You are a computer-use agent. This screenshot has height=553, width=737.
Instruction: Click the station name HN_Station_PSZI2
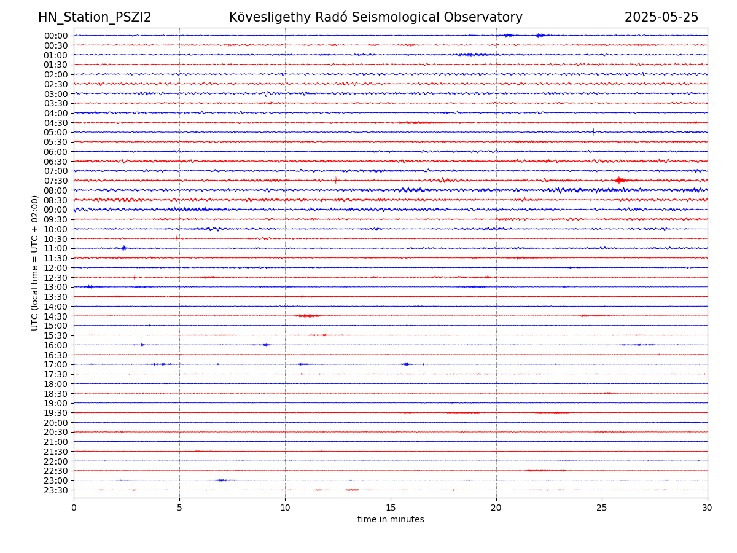pos(95,17)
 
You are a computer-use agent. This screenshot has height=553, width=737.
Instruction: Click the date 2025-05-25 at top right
pos(661,17)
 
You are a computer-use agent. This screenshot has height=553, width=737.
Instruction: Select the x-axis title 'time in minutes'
pos(391,520)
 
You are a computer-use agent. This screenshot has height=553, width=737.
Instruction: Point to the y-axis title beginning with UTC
pos(35,263)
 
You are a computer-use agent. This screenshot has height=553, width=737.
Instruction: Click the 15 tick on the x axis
pos(391,508)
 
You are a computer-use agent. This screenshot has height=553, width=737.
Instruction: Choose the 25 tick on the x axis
pos(602,508)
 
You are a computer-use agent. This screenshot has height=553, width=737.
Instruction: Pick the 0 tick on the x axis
pos(74,508)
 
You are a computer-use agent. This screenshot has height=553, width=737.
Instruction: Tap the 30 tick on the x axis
pos(708,508)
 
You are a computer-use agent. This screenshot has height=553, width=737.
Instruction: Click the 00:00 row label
pos(56,36)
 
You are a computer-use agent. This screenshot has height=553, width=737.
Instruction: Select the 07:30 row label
pos(56,181)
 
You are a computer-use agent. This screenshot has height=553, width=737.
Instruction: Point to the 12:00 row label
pos(56,268)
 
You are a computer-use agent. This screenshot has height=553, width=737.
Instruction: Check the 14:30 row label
pos(56,316)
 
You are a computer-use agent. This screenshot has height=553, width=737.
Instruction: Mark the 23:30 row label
pos(56,490)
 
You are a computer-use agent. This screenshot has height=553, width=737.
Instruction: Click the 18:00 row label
pos(56,384)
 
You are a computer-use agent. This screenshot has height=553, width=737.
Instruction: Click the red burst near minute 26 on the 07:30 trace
pos(620,180)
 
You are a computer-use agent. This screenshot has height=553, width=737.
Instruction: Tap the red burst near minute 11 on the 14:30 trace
pos(308,316)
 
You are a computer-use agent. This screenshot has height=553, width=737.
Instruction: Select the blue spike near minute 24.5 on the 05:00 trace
pos(593,131)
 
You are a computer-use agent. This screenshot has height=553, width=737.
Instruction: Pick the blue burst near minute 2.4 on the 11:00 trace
pos(124,248)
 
